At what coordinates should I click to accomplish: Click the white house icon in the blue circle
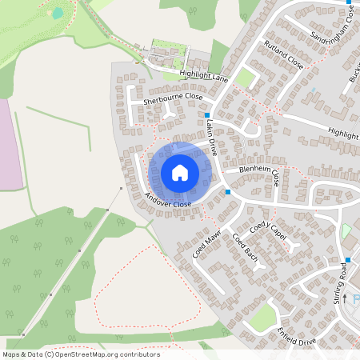pos(180,173)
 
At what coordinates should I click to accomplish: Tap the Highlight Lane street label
pos(204,76)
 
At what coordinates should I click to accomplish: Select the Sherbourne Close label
pos(173,98)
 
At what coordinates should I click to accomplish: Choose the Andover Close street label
pos(168,200)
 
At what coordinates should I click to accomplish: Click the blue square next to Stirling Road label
pos(348,260)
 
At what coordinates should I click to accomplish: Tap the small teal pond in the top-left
pos(58,14)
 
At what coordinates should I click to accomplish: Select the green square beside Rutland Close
pos(245,78)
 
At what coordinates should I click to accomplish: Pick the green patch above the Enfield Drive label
pos(263,318)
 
